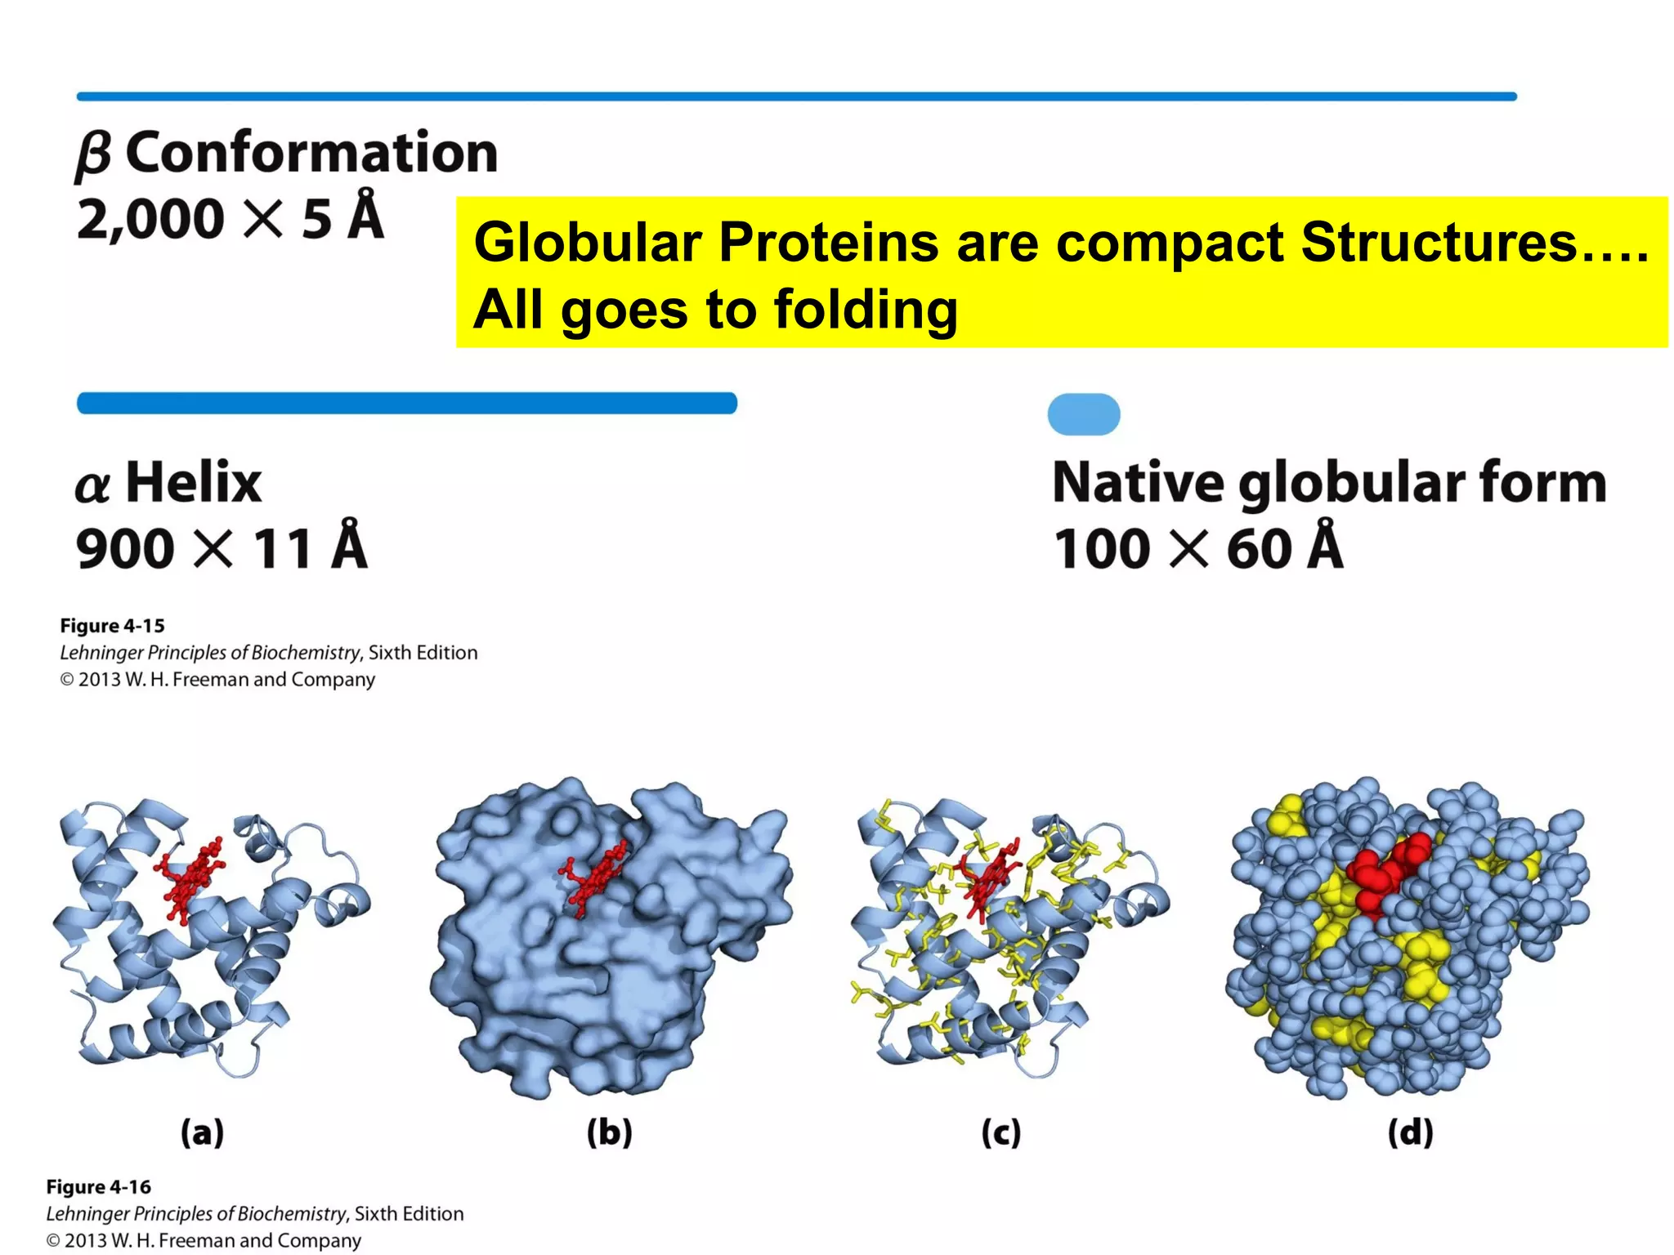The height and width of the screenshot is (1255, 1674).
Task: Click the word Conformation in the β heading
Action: (x=311, y=153)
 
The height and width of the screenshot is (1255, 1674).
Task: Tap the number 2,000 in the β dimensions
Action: (x=150, y=219)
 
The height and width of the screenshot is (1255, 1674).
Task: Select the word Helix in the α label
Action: (x=194, y=482)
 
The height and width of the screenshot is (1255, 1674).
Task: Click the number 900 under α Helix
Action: (x=125, y=548)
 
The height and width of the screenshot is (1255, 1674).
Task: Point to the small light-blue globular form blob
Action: (x=1084, y=414)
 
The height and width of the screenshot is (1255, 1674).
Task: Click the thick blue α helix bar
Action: (x=407, y=404)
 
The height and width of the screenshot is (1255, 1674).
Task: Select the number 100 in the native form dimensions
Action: (x=1102, y=548)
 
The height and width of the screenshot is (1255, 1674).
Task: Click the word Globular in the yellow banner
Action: (x=588, y=243)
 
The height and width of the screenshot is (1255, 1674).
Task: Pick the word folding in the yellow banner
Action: (x=866, y=310)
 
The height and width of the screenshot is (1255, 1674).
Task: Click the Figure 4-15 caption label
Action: (x=112, y=626)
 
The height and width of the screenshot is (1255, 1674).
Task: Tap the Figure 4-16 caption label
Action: (x=98, y=1186)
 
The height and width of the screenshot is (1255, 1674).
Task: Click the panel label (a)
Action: (x=202, y=1132)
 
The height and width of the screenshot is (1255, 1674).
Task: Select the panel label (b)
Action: (x=609, y=1132)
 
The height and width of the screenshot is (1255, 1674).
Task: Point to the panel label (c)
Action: (x=1000, y=1132)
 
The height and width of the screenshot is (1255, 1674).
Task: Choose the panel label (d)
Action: (x=1410, y=1132)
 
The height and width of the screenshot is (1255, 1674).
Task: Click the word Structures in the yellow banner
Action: (x=1438, y=243)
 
